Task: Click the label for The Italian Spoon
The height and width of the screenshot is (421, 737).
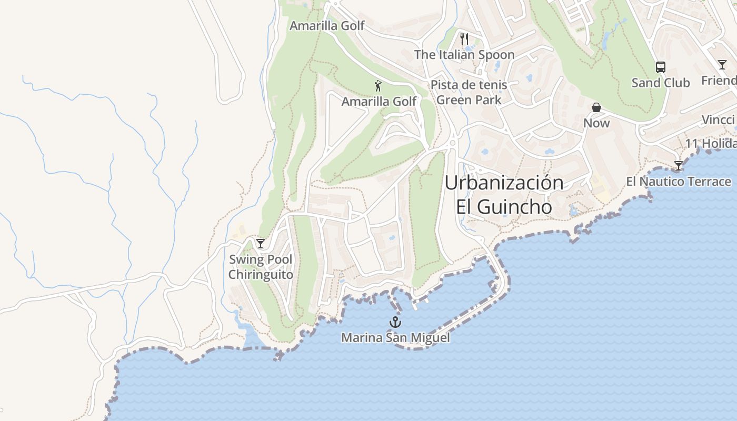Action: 464,55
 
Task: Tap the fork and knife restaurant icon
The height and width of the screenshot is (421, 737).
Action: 464,39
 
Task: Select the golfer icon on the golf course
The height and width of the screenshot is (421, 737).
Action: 378,86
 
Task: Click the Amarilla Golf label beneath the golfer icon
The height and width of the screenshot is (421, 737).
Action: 379,102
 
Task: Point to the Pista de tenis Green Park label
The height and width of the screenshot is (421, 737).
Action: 469,92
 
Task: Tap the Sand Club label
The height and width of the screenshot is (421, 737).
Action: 660,83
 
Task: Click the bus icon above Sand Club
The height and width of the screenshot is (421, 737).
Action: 660,67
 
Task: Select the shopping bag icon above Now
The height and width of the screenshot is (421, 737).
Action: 596,107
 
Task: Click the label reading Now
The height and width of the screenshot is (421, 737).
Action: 596,123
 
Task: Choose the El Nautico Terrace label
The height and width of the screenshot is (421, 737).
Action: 678,182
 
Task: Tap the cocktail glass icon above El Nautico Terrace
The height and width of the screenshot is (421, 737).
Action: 679,166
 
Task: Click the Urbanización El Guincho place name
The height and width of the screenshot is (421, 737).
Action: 504,195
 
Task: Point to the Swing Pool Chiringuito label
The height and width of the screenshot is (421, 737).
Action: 261,267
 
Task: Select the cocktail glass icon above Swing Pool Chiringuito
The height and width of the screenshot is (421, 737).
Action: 260,243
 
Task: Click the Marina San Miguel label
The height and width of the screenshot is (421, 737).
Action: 395,338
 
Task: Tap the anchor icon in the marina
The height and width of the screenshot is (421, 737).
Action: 395,322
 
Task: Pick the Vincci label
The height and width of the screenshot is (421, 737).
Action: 718,120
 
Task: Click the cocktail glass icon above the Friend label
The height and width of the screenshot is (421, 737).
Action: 722,65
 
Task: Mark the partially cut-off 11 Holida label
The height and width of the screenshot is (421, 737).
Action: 710,144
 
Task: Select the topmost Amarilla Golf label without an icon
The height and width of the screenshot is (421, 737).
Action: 327,26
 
